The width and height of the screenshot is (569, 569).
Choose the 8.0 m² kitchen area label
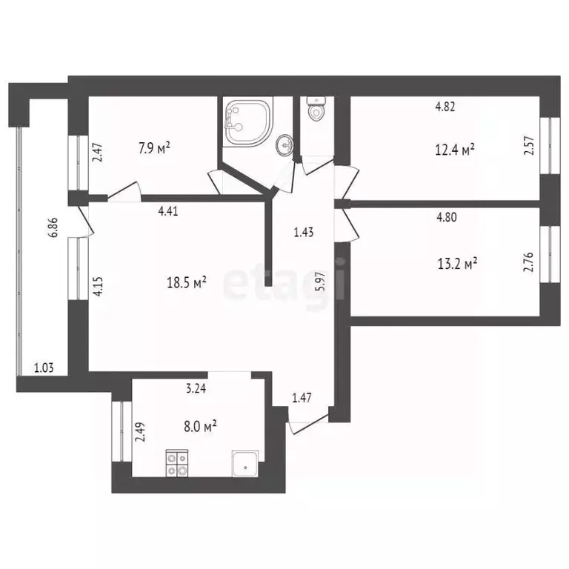(x=199, y=426)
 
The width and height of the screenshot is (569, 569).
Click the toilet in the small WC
(x=316, y=110)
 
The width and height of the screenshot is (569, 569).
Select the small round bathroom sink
(x=284, y=144)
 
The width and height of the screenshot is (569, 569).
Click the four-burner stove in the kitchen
(x=177, y=463)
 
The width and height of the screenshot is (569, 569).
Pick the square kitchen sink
(x=244, y=463)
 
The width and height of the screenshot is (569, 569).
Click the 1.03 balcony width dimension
(x=44, y=367)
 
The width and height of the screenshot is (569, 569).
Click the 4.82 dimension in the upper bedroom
(x=445, y=106)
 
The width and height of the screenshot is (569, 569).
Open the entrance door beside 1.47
(x=307, y=422)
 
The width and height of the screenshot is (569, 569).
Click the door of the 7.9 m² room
(x=124, y=192)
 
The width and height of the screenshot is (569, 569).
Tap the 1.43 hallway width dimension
(x=304, y=232)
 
